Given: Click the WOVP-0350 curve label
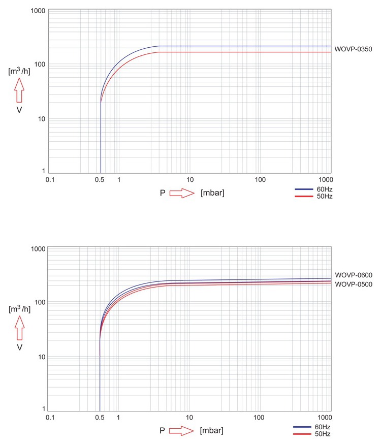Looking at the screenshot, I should (354, 49).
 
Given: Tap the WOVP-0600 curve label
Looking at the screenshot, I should (354, 275).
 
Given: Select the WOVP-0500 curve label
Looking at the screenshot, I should (354, 284).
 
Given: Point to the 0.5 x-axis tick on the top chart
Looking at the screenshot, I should (101, 179).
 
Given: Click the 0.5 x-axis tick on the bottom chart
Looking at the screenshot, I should (100, 417).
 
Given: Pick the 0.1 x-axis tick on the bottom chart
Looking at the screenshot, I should (50, 417).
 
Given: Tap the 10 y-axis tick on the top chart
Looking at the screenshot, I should (42, 119).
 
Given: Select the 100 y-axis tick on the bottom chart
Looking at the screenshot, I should (40, 303).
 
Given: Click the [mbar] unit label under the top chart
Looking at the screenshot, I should (213, 193).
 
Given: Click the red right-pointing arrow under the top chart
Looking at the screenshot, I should (182, 193).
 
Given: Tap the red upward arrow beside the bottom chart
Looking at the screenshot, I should (19, 326).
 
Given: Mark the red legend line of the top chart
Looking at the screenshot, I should (303, 196).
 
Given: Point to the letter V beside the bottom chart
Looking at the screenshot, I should (19, 348).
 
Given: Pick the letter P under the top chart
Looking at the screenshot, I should (163, 193).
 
